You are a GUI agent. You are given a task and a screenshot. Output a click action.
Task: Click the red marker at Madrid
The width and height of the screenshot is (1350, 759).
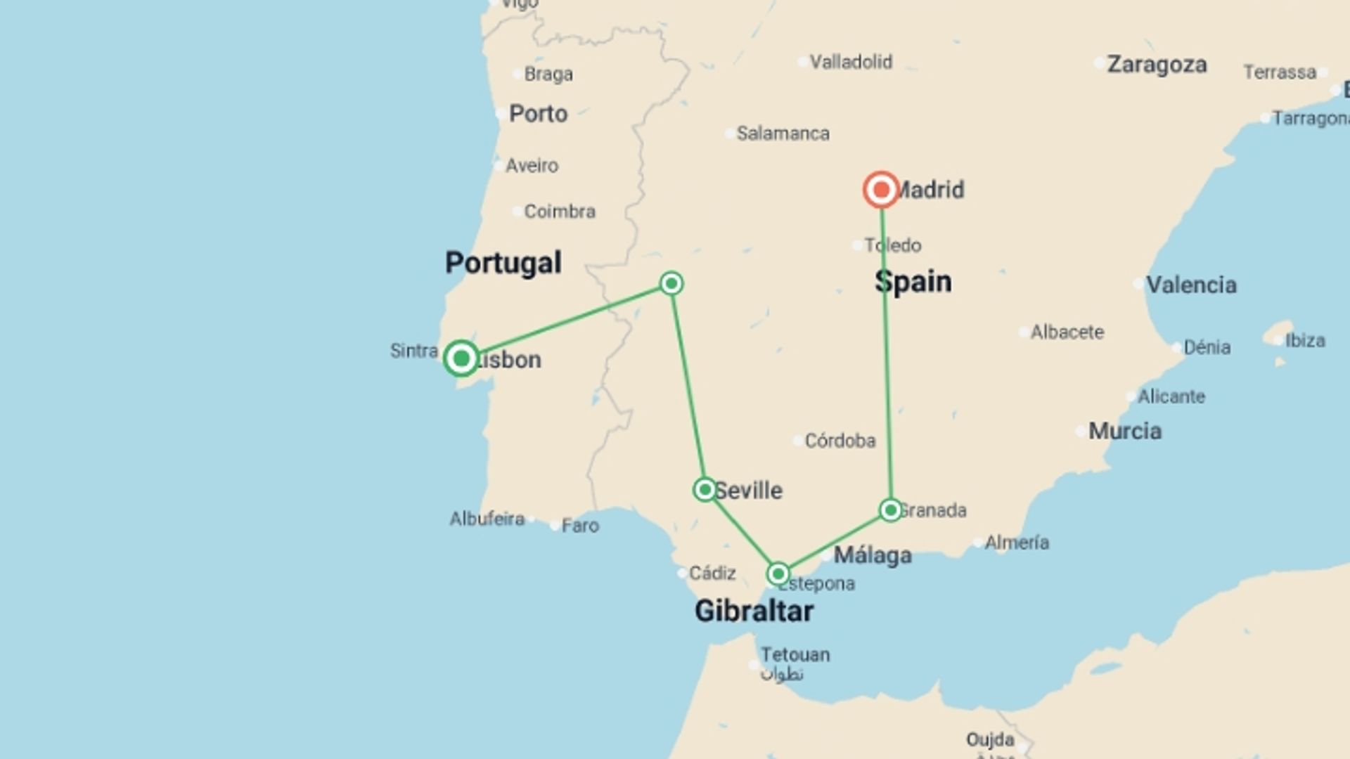[881, 190]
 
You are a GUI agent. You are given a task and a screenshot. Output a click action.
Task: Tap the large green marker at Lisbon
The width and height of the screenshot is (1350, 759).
[461, 358]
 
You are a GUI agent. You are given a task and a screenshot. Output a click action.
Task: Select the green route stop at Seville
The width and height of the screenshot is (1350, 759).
[705, 489]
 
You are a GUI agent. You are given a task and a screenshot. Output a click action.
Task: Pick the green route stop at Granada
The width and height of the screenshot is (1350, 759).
[890, 510]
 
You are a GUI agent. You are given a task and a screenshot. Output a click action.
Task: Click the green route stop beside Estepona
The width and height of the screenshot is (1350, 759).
[778, 574]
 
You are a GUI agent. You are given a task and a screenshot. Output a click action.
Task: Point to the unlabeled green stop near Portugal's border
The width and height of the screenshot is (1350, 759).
[671, 283]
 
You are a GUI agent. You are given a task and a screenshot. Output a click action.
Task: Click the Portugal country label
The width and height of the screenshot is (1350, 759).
[503, 263]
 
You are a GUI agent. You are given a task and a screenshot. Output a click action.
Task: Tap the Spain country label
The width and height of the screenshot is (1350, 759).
[913, 282]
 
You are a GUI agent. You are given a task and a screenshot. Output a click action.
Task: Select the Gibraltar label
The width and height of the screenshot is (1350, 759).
[754, 611]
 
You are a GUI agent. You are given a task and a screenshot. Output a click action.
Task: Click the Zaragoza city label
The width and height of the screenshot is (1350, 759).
[1157, 65]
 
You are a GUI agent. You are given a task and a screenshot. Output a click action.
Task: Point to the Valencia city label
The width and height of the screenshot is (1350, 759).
[1191, 285]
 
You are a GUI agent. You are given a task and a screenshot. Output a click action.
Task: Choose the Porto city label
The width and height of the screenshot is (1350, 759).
[538, 113]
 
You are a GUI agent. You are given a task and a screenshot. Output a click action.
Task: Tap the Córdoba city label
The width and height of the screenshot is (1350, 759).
[840, 441]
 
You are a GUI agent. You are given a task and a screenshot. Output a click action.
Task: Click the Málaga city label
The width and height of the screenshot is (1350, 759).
[873, 555]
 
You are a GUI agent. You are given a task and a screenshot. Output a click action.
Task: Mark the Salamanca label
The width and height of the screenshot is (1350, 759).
[783, 133]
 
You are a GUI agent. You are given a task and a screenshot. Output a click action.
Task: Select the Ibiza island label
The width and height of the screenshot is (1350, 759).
[1305, 340]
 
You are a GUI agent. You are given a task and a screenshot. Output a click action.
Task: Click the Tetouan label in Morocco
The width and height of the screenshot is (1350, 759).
[795, 654]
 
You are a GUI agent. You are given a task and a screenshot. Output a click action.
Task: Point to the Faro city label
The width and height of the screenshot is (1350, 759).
[580, 525]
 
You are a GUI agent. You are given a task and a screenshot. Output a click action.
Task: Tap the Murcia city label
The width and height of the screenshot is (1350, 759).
[1125, 431]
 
